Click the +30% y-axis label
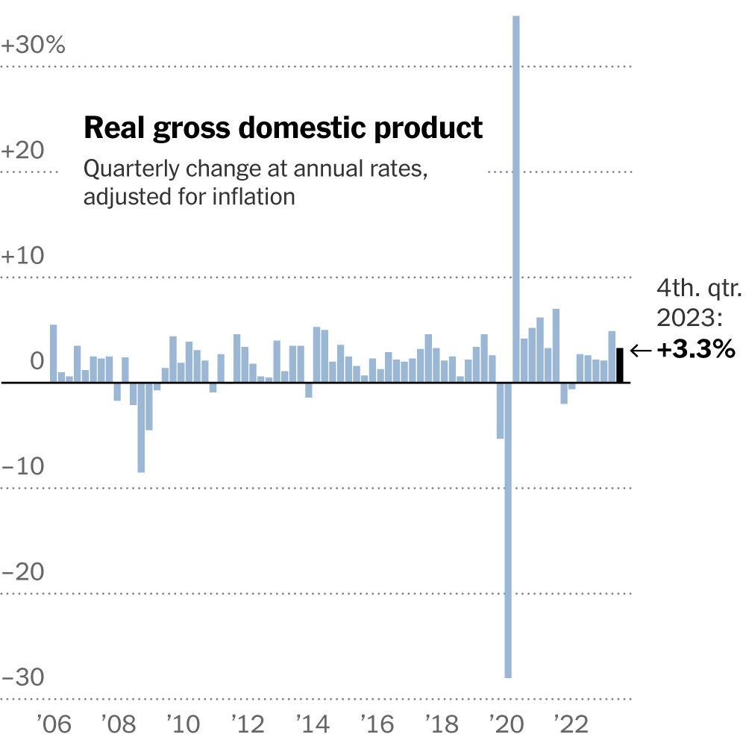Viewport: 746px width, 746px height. pyautogui.click(x=34, y=46)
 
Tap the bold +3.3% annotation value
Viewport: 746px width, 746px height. pyautogui.click(x=696, y=350)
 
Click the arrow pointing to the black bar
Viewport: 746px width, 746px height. pyautogui.click(x=641, y=350)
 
